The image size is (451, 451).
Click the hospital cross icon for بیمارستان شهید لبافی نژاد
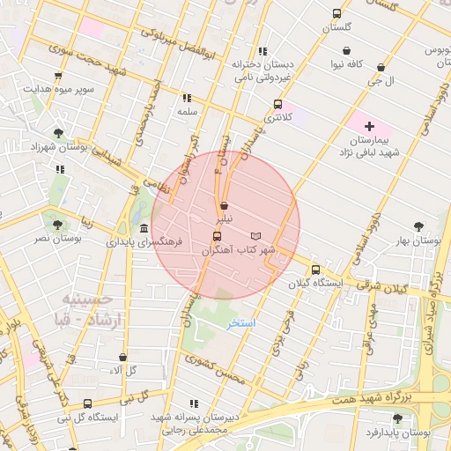click(369, 127)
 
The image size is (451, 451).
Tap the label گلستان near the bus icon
click(336, 27)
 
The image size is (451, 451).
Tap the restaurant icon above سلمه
click(186, 99)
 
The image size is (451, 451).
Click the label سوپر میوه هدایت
click(57, 90)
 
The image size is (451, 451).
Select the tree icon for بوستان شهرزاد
click(58, 133)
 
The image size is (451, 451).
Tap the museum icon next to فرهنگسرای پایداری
click(144, 228)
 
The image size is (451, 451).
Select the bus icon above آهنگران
click(217, 238)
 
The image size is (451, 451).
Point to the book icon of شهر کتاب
click(256, 238)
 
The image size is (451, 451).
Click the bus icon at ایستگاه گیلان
click(316, 270)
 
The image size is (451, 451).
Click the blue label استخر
click(241, 324)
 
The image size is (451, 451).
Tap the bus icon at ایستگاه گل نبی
click(86, 404)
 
